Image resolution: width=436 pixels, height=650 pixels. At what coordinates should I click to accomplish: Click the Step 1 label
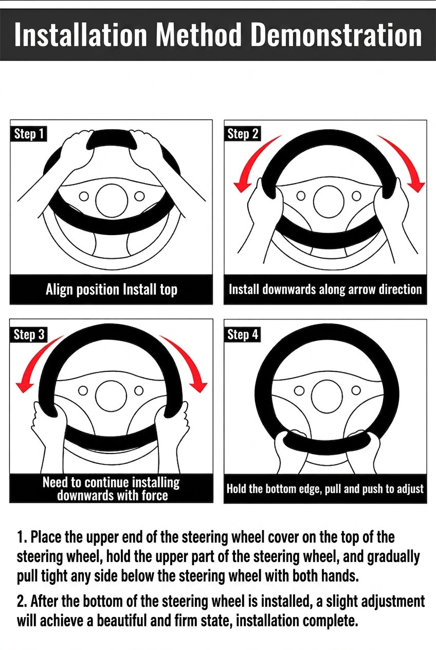(29, 134)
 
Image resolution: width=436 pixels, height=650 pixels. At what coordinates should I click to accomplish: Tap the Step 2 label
(243, 134)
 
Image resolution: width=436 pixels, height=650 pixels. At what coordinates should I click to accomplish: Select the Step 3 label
(29, 335)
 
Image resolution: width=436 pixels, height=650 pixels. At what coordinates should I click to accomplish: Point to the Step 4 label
(243, 335)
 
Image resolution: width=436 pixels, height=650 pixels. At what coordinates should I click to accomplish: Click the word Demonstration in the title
(336, 35)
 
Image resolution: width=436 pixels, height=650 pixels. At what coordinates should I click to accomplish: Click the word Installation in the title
(81, 35)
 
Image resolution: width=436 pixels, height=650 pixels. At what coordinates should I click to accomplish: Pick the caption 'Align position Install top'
(112, 290)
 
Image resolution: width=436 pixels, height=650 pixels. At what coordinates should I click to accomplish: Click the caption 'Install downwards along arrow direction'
(325, 290)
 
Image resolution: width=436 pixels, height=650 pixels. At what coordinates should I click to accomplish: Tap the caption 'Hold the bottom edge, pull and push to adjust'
(325, 489)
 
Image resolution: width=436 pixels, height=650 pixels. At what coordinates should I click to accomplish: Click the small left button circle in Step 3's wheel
(83, 391)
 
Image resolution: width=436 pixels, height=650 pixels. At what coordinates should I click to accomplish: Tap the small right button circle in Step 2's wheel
(356, 196)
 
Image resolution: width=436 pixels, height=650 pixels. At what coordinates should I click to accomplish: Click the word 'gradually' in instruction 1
(393, 557)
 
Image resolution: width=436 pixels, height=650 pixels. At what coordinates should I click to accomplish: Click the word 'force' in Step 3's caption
(155, 495)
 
